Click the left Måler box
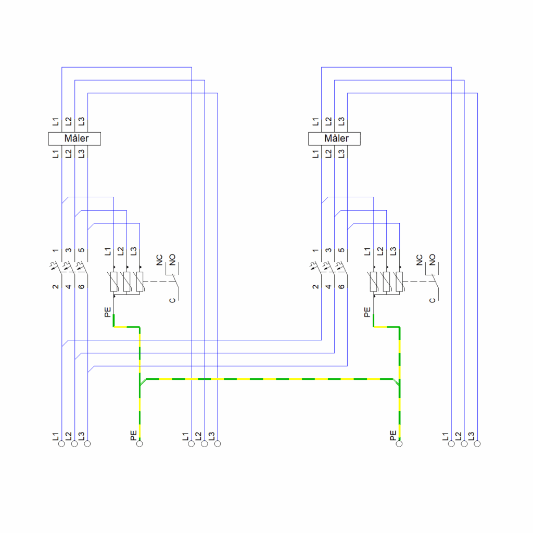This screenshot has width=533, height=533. [74, 138]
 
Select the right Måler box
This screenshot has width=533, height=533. [334, 138]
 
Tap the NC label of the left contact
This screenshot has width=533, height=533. [159, 260]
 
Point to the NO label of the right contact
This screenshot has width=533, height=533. [432, 260]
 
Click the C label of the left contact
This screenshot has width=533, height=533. [172, 300]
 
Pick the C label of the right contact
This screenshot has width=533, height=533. [432, 300]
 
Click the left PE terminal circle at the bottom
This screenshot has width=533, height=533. [139, 443]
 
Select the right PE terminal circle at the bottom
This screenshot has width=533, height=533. [399, 443]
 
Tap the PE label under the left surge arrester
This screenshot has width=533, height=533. [107, 312]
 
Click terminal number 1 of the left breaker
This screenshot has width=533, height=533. [55, 250]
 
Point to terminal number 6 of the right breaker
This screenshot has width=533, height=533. [341, 287]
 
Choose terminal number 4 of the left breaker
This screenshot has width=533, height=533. [68, 287]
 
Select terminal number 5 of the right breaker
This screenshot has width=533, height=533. [341, 250]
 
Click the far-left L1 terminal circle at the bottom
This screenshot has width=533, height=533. [61, 443]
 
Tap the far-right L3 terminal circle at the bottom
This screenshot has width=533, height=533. [477, 443]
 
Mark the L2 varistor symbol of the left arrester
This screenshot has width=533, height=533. [126, 282]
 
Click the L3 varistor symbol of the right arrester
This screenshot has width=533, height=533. [399, 282]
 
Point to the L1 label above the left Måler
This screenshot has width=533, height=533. [55, 121]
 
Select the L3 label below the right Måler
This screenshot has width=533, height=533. [341, 154]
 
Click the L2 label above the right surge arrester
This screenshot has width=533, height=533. [380, 251]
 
